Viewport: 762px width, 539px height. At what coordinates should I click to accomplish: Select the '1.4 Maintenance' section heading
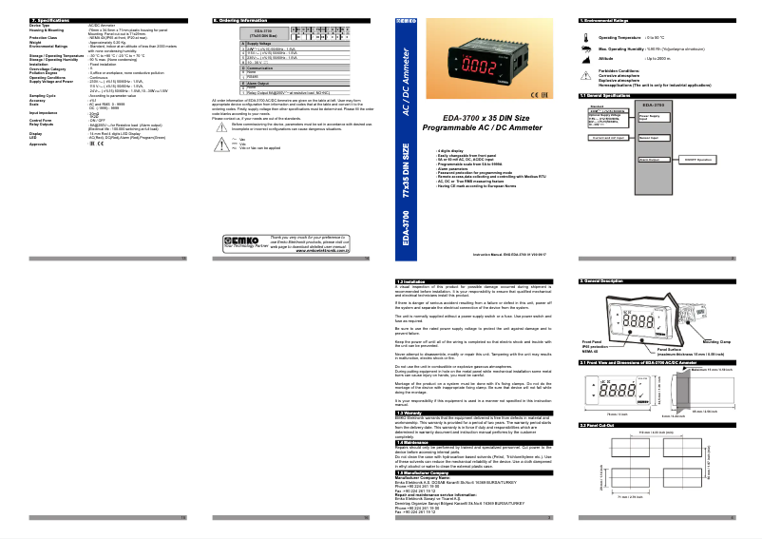click(412, 441)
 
